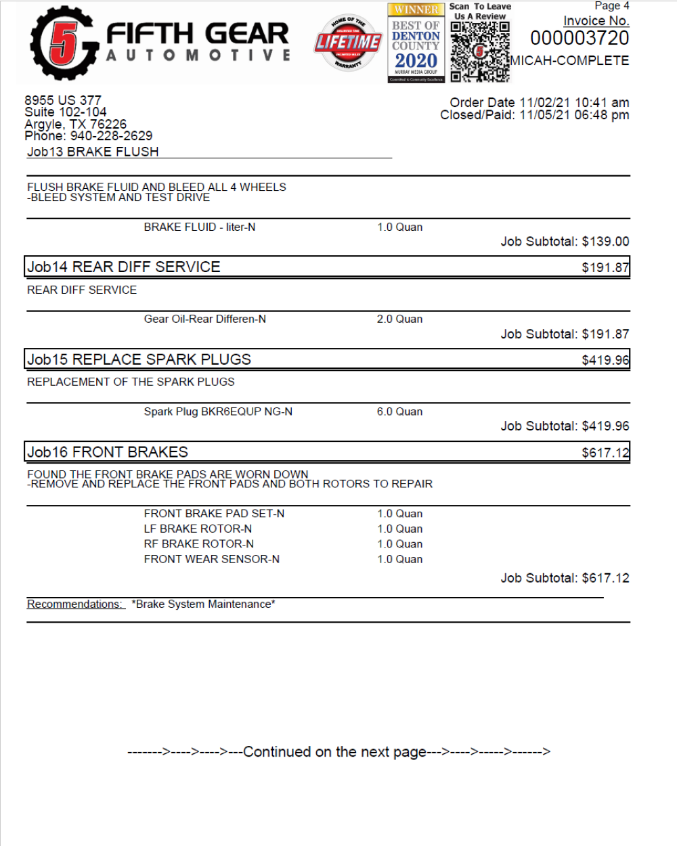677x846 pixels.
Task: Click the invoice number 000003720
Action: (580, 39)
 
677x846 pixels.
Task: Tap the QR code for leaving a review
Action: (479, 51)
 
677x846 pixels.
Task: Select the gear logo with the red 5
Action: (62, 43)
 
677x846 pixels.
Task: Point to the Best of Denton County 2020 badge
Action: (416, 43)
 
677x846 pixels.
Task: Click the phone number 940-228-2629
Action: (112, 136)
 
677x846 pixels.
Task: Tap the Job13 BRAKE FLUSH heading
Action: (93, 152)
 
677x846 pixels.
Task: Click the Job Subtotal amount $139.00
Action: (605, 242)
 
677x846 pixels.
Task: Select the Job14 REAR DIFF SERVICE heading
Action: (124, 267)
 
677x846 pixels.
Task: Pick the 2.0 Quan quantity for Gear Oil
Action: (399, 319)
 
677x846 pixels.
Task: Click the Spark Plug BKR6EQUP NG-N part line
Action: (218, 411)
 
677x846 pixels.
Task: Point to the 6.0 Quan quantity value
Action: (399, 411)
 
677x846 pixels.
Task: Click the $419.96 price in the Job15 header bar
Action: (605, 360)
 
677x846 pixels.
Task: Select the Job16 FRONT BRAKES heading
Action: (108, 452)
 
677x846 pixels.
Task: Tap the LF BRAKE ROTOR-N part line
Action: (198, 529)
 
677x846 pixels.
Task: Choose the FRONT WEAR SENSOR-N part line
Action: (211, 559)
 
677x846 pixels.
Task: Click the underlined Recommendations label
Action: (75, 604)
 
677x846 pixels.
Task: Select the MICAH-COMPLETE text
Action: (569, 60)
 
